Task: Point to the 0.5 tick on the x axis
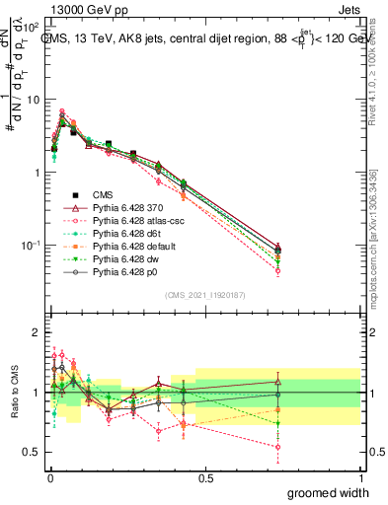(x=205, y=477)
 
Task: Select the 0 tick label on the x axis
(x=49, y=477)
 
